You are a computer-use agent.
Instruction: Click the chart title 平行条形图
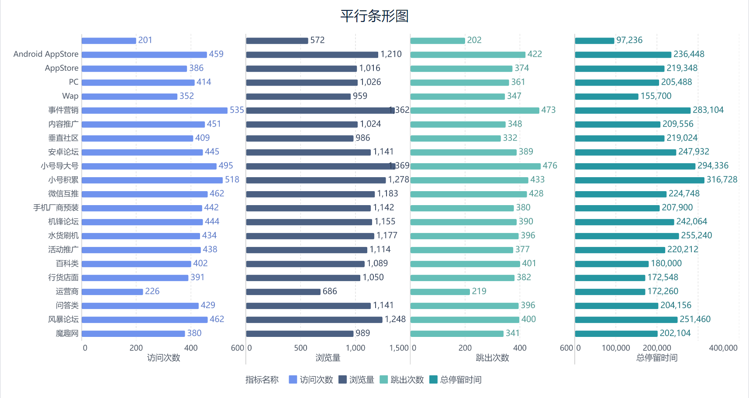[x=374, y=16]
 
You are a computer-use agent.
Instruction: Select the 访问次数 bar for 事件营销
[x=155, y=110]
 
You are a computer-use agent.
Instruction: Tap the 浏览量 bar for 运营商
[x=283, y=292]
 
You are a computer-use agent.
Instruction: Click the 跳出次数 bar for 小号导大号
[x=475, y=166]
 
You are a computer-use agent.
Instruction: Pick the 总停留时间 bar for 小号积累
[x=639, y=180]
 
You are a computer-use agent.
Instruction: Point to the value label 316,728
[x=721, y=180]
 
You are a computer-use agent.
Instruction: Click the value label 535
[x=237, y=110]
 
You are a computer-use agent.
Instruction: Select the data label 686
[x=330, y=292]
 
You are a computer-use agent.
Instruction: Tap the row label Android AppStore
[x=46, y=54]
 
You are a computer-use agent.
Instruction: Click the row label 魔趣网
[x=67, y=333]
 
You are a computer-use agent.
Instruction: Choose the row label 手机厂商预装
[x=56, y=208]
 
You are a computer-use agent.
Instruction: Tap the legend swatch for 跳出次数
[x=384, y=380]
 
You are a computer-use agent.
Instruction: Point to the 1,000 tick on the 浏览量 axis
[x=355, y=348]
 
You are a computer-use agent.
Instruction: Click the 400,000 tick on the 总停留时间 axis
[x=723, y=348]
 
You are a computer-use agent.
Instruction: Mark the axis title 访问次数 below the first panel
[x=163, y=358]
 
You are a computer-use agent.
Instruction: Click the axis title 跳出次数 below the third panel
[x=492, y=358]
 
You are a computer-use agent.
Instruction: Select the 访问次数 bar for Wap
[x=129, y=96]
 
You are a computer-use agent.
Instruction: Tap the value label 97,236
[x=629, y=40]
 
